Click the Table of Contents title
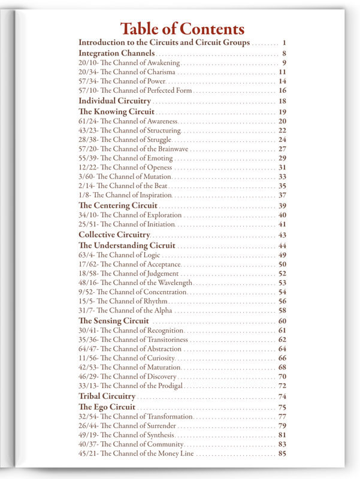(182, 29)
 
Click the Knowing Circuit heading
(116, 111)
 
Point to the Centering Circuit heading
(118, 205)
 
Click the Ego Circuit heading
(107, 407)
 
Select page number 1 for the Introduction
(285, 43)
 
